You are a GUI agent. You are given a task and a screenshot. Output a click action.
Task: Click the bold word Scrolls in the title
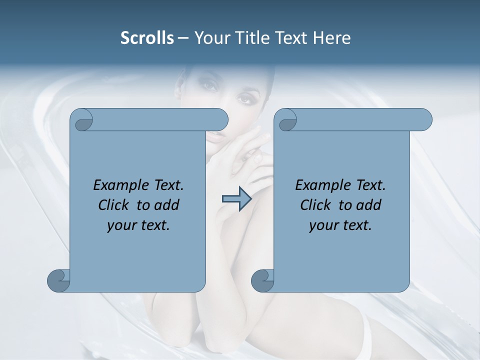(x=147, y=38)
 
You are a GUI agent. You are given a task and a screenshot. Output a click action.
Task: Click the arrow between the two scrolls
(x=236, y=199)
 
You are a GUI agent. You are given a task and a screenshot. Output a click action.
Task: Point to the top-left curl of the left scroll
(x=82, y=120)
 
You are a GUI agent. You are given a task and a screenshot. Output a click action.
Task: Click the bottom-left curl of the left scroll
(x=59, y=280)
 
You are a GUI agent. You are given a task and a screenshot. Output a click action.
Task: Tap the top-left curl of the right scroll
(x=286, y=120)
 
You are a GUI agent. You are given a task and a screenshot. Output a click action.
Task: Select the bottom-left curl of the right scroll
(x=262, y=280)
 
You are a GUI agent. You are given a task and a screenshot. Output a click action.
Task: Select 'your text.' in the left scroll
(x=138, y=225)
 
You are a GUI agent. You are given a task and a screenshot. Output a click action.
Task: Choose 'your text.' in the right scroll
(x=340, y=225)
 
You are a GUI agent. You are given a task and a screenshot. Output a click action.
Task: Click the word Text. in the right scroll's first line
(x=370, y=185)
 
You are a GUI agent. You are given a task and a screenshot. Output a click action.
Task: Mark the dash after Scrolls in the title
(x=183, y=38)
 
